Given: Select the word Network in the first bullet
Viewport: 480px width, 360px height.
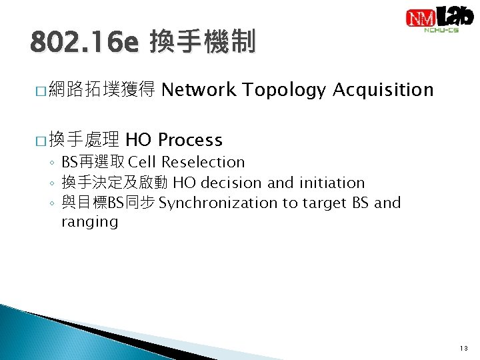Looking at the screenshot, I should tap(199, 89).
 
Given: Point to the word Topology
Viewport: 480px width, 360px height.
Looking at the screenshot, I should tap(284, 89).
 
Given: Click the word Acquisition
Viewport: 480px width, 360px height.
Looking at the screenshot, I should tap(383, 89).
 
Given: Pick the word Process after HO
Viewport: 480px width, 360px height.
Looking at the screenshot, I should tap(190, 140).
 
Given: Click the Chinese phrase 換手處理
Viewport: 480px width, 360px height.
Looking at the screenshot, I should tap(84, 140).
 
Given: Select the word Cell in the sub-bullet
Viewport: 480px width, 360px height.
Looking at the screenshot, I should tap(143, 162).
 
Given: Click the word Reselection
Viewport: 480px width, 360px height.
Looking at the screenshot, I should tap(203, 162).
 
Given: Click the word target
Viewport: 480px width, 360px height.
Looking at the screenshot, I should tap(324, 203).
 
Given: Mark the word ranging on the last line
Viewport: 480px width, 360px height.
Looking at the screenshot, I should tap(89, 222).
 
